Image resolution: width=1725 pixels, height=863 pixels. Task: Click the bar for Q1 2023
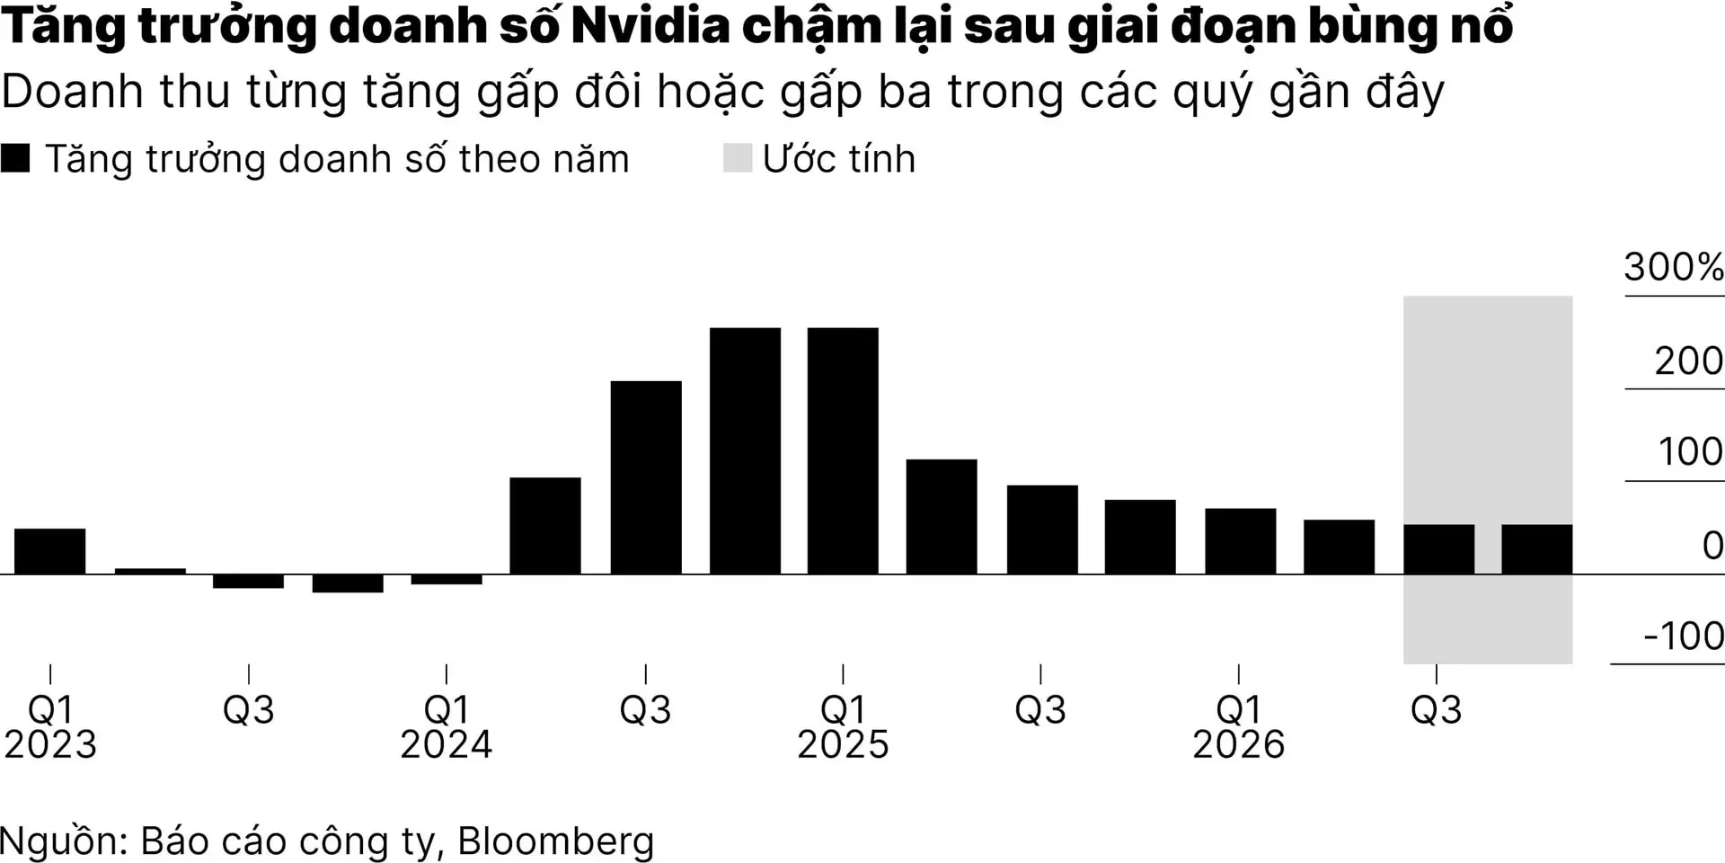[50, 551]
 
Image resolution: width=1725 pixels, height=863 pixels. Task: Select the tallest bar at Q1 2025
[843, 450]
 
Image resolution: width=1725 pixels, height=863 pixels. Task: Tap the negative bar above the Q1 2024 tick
[447, 579]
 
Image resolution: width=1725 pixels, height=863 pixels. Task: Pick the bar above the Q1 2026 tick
[1240, 541]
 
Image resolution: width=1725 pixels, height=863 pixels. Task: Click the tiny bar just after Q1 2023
[150, 571]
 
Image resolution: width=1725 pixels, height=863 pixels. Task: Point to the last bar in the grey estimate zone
[1536, 549]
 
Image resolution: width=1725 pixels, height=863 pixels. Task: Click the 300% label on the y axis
[1673, 267]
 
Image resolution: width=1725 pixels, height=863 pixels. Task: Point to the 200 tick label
[1688, 361]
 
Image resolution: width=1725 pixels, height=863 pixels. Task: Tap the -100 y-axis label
[1683, 636]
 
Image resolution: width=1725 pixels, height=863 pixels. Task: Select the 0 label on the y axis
[1712, 546]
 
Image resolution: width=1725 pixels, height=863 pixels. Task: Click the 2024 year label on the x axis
[447, 744]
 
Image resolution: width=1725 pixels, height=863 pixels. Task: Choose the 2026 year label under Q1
[1239, 744]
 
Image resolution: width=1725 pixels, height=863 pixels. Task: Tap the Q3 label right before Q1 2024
[249, 710]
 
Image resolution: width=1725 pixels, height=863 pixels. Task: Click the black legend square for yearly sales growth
[15, 158]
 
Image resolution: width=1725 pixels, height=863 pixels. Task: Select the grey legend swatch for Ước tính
[737, 158]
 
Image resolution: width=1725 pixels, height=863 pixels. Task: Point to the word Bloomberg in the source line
[555, 841]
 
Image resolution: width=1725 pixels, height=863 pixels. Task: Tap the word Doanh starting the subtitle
[73, 92]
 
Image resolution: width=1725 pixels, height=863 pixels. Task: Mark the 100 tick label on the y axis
[1690, 452]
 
